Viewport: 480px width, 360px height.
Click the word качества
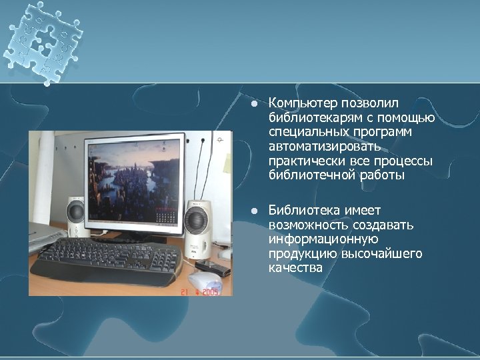(295, 268)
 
